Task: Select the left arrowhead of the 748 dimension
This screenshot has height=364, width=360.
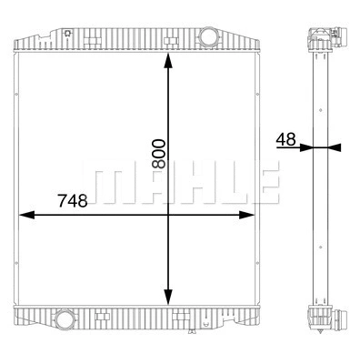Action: point(25,215)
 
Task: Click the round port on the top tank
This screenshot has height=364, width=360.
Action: point(208,39)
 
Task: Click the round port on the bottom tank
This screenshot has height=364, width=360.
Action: point(66,319)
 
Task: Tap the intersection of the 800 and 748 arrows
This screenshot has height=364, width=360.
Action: point(167,215)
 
